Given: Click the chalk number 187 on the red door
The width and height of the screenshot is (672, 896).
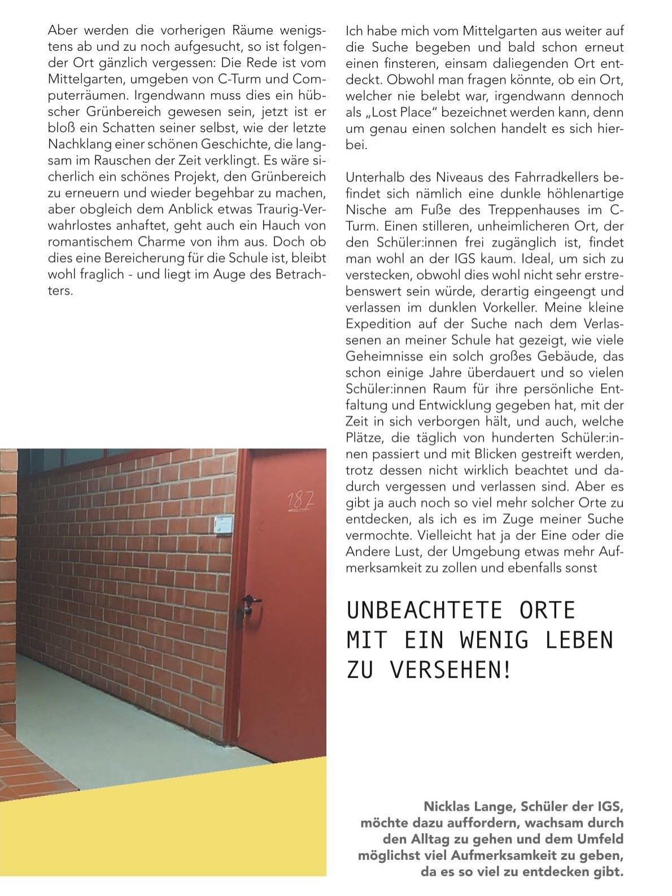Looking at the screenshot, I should [x=300, y=501].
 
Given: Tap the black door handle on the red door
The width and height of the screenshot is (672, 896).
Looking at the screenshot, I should [x=251, y=600].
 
